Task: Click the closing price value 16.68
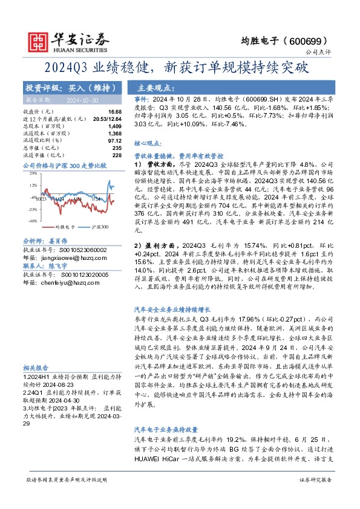point(115,112)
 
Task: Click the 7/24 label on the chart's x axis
point(96,198)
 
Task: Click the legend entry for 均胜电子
point(47,227)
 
